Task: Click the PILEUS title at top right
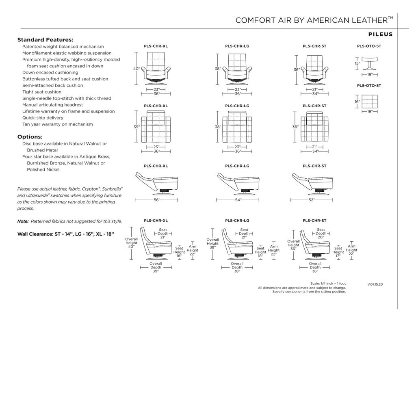pyautogui.click(x=380, y=35)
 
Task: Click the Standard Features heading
pyautogui.click(x=45, y=40)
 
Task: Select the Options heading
pyautogui.click(x=30, y=136)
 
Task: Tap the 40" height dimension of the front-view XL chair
pyautogui.click(x=136, y=69)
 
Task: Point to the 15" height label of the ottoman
pyautogui.click(x=357, y=63)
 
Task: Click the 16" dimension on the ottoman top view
pyautogui.click(x=357, y=102)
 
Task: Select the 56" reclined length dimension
pyautogui.click(x=156, y=200)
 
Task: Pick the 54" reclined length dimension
pyautogui.click(x=238, y=200)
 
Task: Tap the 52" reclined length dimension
pyautogui.click(x=311, y=200)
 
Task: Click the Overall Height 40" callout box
pyautogui.click(x=131, y=243)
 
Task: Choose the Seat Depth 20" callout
pyautogui.click(x=321, y=233)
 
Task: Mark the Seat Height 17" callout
pyautogui.click(x=338, y=252)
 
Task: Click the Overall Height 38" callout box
pyautogui.click(x=212, y=244)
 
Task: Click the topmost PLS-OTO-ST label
pyautogui.click(x=369, y=46)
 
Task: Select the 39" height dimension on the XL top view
pyautogui.click(x=136, y=127)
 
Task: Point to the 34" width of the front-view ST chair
pyautogui.click(x=314, y=94)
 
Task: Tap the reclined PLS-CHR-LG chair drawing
pyautogui.click(x=238, y=182)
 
